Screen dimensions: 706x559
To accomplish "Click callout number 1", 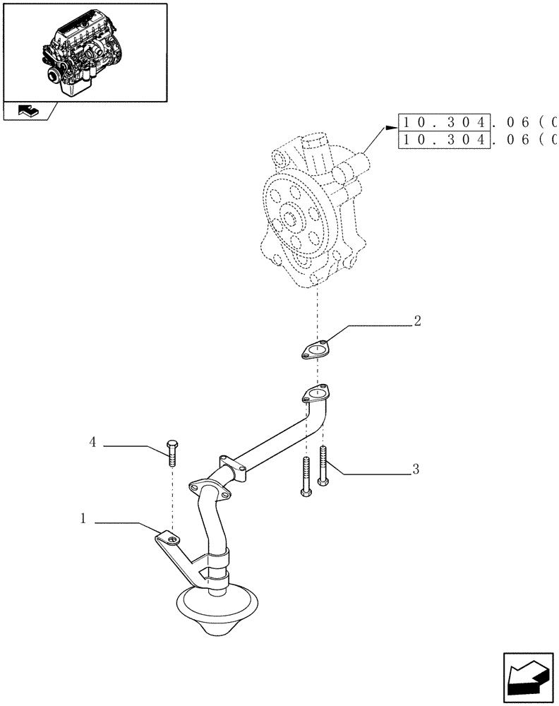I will click(x=83, y=519).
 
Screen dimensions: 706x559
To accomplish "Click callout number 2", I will click(x=417, y=321).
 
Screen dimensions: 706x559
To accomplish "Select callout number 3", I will click(x=416, y=468).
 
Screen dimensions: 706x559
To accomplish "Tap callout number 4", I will click(x=92, y=443).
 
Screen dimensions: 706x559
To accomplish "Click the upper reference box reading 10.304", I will click(x=444, y=122).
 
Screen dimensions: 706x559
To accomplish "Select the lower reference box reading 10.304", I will click(x=444, y=140).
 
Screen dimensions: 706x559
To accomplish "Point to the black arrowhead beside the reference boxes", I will click(x=390, y=128).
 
